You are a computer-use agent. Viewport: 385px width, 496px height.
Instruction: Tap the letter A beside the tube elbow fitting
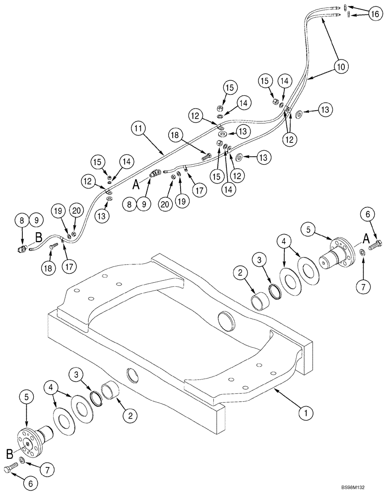(x=135, y=184)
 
